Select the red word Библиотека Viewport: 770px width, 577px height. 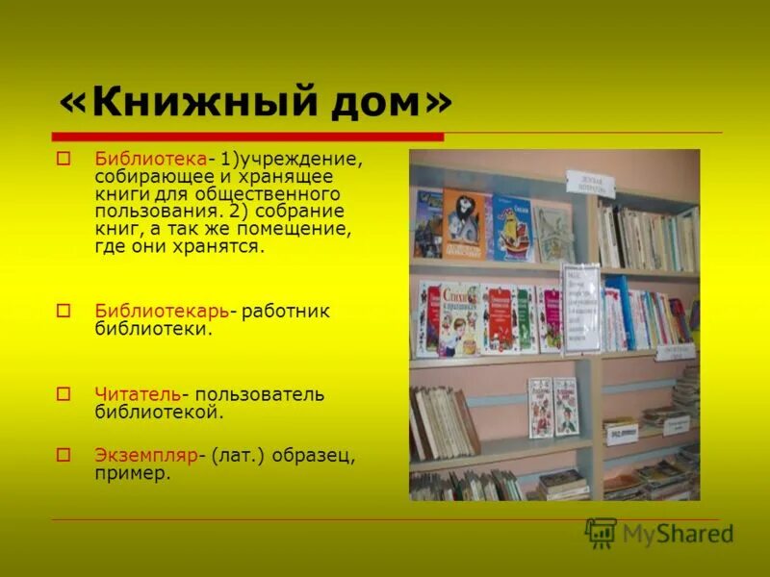(150, 158)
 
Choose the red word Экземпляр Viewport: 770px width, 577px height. (145, 455)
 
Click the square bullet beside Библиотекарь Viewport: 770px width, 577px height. (64, 311)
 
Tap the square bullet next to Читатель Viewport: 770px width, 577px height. (64, 394)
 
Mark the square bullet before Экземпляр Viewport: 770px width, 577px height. (64, 455)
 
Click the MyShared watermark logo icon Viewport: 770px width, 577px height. (601, 533)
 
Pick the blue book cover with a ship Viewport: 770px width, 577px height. (512, 229)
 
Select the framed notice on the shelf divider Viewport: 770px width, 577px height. (580, 308)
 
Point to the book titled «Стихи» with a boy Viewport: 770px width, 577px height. (459, 318)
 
